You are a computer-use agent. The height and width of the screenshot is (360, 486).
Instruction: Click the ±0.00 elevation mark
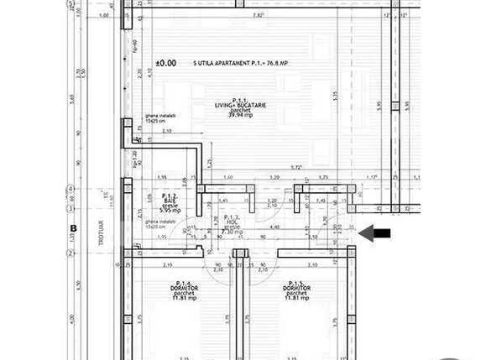[165, 63]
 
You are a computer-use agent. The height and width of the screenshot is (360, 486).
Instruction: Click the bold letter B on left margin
[73, 227]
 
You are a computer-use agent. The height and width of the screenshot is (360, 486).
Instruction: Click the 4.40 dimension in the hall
[274, 227]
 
